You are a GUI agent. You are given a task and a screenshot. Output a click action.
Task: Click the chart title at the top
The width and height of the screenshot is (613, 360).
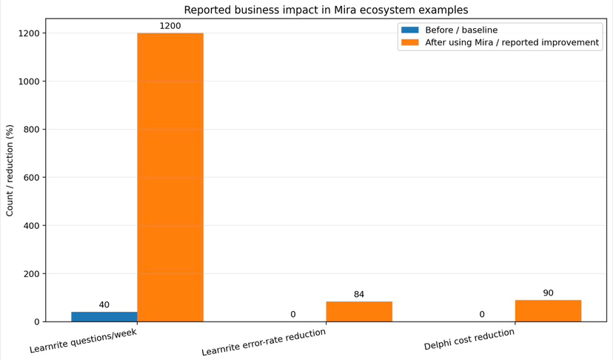pos(326,10)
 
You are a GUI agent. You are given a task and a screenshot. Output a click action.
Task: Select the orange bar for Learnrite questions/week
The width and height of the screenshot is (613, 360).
pos(170,178)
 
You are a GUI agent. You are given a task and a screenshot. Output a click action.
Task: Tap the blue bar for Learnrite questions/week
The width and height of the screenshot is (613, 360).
pos(104,316)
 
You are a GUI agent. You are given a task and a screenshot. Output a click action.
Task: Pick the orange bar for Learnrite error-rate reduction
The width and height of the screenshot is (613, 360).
pos(359,312)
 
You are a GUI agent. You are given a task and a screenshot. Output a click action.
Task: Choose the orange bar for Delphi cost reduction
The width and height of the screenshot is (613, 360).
pos(548,311)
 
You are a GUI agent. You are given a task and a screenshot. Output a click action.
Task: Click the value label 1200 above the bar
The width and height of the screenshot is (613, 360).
pos(170,26)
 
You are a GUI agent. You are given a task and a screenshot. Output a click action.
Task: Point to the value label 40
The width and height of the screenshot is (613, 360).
pos(104,305)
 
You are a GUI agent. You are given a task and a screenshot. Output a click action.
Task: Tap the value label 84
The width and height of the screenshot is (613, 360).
pos(359,295)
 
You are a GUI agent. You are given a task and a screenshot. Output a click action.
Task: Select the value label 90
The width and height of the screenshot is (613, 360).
pos(548,293)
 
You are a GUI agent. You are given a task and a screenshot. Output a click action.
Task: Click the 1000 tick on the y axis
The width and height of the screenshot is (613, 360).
pos(28,81)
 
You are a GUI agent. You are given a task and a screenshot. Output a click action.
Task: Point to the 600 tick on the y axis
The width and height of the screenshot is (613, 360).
pos(31,178)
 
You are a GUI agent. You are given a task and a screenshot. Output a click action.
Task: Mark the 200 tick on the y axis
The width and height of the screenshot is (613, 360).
pos(31,274)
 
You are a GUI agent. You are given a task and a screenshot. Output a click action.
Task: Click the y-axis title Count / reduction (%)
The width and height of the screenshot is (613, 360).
pos(10,170)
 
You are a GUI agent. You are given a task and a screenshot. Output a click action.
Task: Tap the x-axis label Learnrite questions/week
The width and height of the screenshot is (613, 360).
pos(83,341)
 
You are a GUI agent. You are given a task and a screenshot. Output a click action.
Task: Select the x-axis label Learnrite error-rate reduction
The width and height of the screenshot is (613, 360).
pos(264,342)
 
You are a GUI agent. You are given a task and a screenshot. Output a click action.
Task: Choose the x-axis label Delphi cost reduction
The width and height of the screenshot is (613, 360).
pos(469,339)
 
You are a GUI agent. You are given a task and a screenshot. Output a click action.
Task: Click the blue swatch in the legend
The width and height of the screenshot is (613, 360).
pos(409,30)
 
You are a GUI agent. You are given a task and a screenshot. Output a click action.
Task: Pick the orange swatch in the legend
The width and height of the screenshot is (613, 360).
pos(409,42)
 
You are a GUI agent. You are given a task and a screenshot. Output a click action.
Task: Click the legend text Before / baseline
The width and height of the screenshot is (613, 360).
pos(461,30)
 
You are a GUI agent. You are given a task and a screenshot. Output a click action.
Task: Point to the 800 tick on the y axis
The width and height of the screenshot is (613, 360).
pos(31,130)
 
